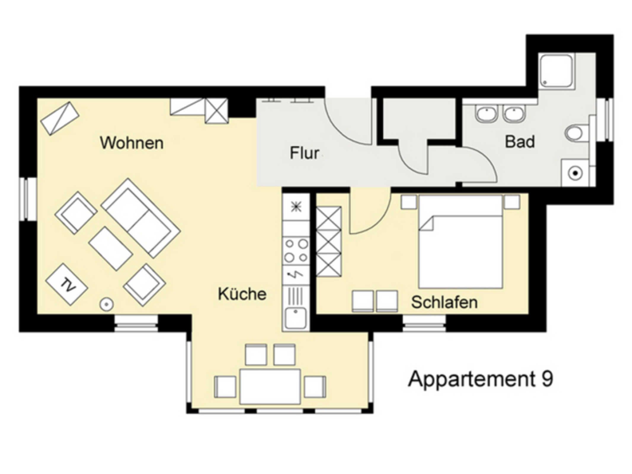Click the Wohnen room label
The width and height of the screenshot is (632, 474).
click(x=132, y=143)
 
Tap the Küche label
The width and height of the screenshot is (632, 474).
click(x=242, y=294)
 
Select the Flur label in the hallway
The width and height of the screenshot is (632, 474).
click(x=304, y=153)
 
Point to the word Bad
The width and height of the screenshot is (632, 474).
click(x=520, y=142)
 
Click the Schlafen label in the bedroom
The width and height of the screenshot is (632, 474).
click(x=444, y=302)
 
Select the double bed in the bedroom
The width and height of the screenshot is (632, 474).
click(x=461, y=241)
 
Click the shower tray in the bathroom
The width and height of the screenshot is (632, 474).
click(x=556, y=71)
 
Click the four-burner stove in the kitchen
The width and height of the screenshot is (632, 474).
click(x=296, y=251)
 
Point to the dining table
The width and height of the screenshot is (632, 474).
click(x=270, y=387)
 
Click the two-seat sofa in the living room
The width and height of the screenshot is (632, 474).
click(x=141, y=218)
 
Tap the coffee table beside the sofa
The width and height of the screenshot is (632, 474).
click(x=110, y=249)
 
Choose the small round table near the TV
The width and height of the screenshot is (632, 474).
click(x=106, y=304)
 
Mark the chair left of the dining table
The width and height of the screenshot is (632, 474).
click(x=225, y=387)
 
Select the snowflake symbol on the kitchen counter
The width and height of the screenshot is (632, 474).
click(x=296, y=207)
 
